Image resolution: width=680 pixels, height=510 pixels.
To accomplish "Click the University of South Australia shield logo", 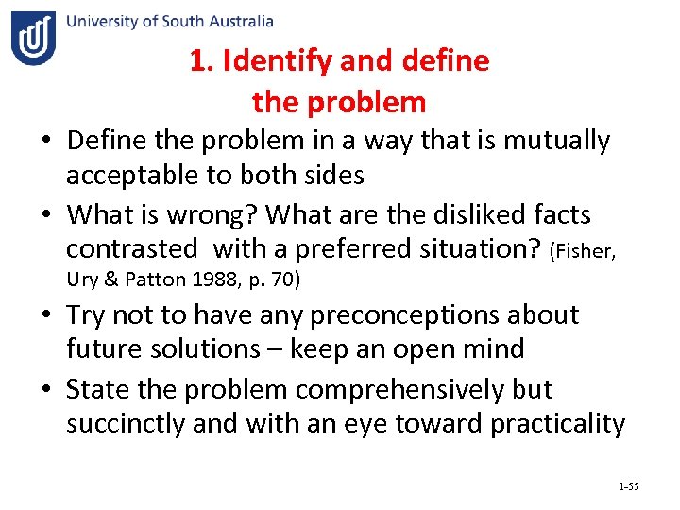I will (x=34, y=38).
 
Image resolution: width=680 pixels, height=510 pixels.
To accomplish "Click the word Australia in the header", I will (x=238, y=21).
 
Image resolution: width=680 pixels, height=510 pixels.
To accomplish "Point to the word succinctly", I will (x=126, y=424).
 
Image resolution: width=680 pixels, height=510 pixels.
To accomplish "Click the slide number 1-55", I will (x=629, y=486).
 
